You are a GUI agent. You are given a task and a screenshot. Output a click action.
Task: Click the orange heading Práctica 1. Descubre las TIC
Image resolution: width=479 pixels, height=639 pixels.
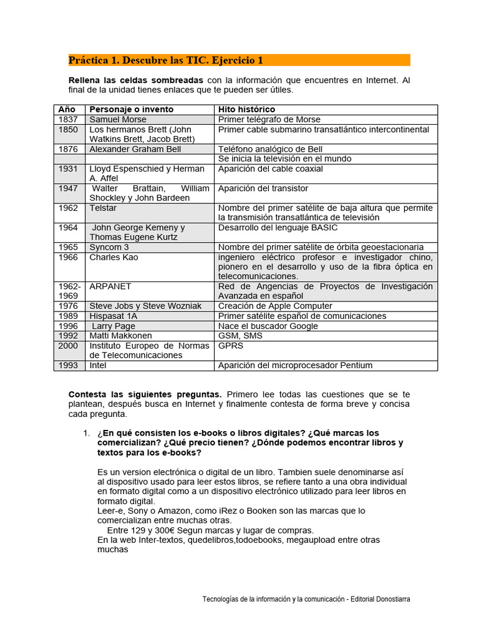tap(166, 61)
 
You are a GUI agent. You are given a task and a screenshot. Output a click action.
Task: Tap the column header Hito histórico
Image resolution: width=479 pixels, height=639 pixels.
tap(246, 109)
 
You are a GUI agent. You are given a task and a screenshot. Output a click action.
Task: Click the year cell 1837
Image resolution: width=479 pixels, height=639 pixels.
tap(69, 119)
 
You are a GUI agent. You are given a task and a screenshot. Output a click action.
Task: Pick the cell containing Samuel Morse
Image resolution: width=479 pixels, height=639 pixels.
tap(119, 119)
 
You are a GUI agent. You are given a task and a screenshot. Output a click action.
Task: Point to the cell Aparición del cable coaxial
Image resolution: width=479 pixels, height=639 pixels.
tap(271, 168)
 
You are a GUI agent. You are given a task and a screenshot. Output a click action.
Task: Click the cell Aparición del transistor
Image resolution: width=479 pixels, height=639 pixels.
tap(263, 188)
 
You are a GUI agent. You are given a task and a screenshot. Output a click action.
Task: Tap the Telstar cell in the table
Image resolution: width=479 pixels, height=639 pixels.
tap(104, 208)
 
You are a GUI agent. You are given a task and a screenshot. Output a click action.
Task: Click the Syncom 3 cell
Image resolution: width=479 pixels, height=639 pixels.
tap(110, 247)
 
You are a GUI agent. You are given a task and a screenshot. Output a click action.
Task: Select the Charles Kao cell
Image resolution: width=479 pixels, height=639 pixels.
tap(114, 257)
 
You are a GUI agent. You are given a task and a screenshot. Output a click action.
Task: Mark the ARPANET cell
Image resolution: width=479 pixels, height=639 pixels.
tap(110, 286)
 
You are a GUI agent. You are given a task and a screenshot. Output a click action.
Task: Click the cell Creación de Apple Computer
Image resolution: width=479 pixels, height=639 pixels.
tap(275, 306)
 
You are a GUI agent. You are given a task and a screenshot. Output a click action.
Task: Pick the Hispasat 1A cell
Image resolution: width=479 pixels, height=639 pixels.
tap(114, 316)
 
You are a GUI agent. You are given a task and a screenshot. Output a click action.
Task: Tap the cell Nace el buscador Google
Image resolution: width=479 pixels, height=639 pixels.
tap(268, 326)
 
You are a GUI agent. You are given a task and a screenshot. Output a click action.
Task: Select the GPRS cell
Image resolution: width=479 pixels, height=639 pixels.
tap(231, 345)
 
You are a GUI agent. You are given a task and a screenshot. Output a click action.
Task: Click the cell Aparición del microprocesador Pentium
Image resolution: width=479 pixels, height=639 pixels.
tap(295, 365)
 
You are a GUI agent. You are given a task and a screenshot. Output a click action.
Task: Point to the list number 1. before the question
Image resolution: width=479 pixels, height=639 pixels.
tap(87, 433)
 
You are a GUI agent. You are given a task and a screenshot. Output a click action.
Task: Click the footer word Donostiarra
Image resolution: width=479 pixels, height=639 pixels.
tap(393, 598)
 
